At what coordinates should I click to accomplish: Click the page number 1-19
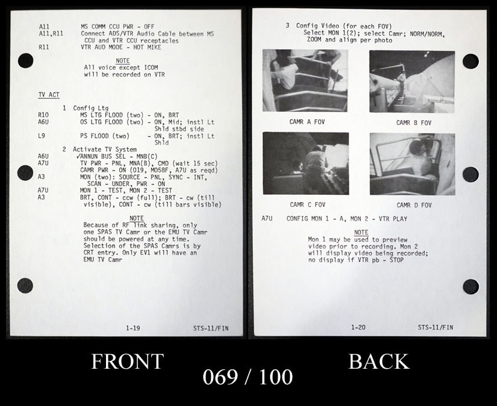click(133, 328)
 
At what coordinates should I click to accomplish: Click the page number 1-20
click(358, 327)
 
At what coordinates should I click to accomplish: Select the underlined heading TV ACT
click(49, 95)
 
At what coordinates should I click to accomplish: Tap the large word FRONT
click(128, 361)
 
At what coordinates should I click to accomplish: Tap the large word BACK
click(379, 361)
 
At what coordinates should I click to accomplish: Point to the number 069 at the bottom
click(220, 377)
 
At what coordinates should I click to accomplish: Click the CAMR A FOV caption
click(307, 122)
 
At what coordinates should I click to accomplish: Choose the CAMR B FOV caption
click(414, 123)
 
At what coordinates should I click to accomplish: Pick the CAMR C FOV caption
click(307, 205)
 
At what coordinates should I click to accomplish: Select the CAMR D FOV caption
click(414, 205)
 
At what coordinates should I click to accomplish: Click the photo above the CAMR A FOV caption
click(305, 81)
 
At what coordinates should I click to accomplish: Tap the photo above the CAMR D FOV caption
click(413, 164)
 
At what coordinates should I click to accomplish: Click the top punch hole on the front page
click(26, 60)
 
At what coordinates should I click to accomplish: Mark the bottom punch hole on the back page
click(471, 286)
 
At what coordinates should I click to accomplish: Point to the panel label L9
click(42, 136)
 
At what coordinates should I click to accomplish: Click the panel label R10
click(43, 115)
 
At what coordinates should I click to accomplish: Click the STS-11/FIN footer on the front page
click(211, 328)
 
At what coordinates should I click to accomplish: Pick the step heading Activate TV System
click(105, 149)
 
